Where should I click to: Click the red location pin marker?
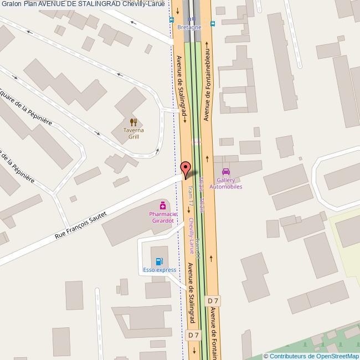point(186,169)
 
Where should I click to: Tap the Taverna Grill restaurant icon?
point(133,121)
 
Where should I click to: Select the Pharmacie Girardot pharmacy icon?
point(162,205)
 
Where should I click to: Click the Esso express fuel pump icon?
point(160,261)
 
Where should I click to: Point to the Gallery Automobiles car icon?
point(225,172)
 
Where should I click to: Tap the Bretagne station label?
point(189,27)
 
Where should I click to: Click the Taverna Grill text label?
point(133,133)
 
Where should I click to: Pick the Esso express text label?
point(160,270)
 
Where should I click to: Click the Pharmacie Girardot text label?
point(162,217)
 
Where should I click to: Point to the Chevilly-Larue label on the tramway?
point(192,233)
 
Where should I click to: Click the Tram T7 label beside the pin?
point(189,197)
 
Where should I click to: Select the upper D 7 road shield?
point(213,301)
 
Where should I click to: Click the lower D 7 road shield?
point(193,335)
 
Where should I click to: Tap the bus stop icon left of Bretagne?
point(172,19)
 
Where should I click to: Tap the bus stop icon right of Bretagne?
point(213,24)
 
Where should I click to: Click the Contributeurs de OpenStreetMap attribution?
point(311,356)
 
